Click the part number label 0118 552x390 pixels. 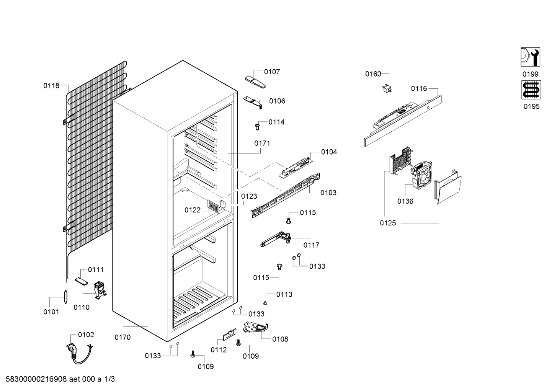coord(51,86)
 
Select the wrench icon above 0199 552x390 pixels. coord(530,57)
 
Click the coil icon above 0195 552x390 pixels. coord(531,90)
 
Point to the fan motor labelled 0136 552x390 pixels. coord(421,175)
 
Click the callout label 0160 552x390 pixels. coord(373,74)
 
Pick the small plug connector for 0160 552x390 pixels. coord(387,88)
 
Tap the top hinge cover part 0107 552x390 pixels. coord(255,82)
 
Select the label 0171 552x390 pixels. coord(262,143)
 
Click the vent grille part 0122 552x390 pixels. coord(213,206)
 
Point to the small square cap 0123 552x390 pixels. coord(223,204)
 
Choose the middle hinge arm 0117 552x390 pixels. coord(276,239)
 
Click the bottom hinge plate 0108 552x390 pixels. coord(256,327)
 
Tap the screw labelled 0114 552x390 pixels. coord(258,127)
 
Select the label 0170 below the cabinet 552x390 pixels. coord(122,337)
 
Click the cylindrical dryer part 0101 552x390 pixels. coord(65,297)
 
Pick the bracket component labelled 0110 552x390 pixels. coord(100,290)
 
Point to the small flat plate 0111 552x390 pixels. coord(82,281)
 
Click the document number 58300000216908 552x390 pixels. coord(36,379)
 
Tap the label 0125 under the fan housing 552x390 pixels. coord(388,223)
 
